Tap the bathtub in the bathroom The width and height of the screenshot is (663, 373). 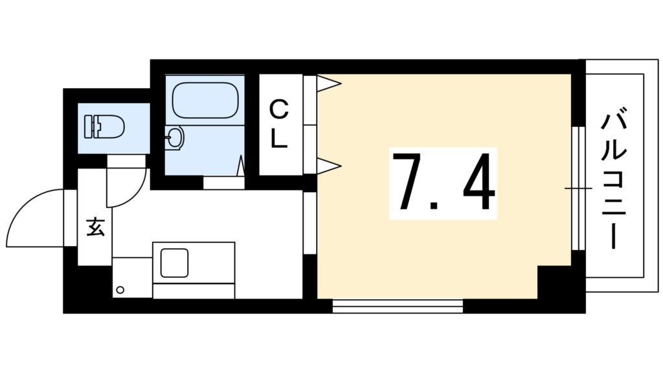(x=206, y=100)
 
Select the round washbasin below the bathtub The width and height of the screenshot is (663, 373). (x=175, y=137)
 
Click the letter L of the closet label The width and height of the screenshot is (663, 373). (x=279, y=139)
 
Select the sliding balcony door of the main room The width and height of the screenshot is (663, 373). (x=578, y=188)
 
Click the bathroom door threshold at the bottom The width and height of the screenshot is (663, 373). (x=224, y=183)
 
